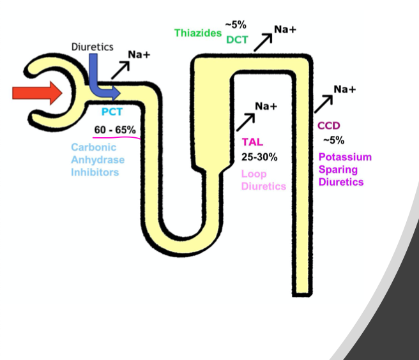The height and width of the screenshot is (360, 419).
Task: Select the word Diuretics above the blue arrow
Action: pyautogui.click(x=92, y=47)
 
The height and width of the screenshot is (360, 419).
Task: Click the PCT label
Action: pyautogui.click(x=112, y=112)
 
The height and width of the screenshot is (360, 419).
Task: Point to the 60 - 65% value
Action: pyautogui.click(x=115, y=130)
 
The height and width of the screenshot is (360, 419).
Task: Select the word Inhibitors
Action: pyautogui.click(x=95, y=172)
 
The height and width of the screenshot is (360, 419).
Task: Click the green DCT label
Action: pyautogui.click(x=236, y=40)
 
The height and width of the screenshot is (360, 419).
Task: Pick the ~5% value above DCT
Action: pyautogui.click(x=235, y=25)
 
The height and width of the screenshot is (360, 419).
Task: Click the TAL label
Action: pyautogui.click(x=252, y=142)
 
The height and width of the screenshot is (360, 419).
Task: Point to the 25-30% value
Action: pyautogui.click(x=259, y=156)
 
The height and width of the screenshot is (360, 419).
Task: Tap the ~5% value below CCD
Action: pyautogui.click(x=333, y=140)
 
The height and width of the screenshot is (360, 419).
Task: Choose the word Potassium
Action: pyautogui.click(x=344, y=157)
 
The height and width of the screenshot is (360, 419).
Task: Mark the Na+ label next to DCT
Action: pyautogui.click(x=285, y=29)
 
